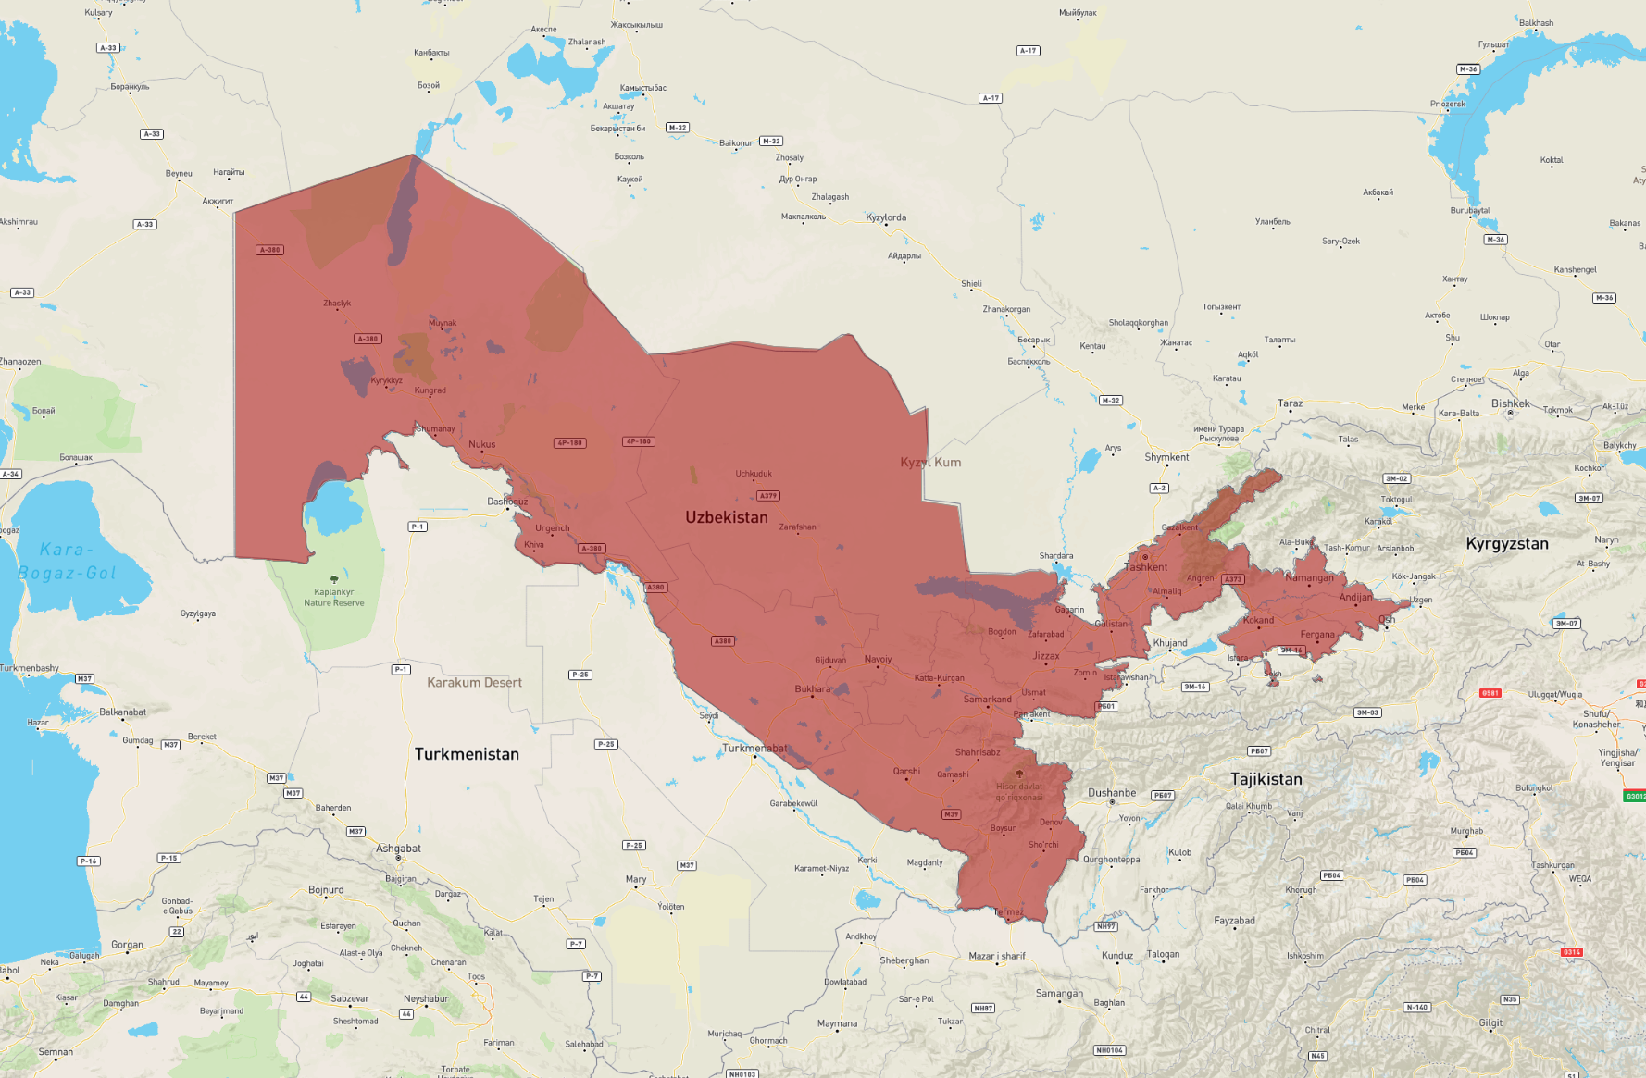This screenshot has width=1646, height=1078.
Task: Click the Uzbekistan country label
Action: pyautogui.click(x=726, y=517)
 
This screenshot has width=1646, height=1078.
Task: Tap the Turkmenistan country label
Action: pyautogui.click(x=467, y=754)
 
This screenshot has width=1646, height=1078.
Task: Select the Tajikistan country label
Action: pyautogui.click(x=1266, y=779)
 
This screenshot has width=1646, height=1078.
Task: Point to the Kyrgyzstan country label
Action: pyautogui.click(x=1506, y=544)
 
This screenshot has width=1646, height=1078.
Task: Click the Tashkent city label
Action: pyautogui.click(x=1145, y=567)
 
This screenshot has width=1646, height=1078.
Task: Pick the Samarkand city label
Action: pyautogui.click(x=987, y=700)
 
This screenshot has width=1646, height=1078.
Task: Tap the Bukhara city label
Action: pyautogui.click(x=813, y=689)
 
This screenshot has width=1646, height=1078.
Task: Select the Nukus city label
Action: pyautogui.click(x=481, y=444)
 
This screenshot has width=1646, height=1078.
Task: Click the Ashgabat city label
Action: pyautogui.click(x=398, y=849)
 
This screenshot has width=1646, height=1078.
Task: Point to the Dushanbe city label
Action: pyautogui.click(x=1111, y=793)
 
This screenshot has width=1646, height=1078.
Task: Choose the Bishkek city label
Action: pyautogui.click(x=1510, y=403)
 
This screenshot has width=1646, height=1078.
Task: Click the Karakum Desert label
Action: pyautogui.click(x=474, y=683)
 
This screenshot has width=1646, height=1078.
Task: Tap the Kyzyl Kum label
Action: pyautogui.click(x=930, y=463)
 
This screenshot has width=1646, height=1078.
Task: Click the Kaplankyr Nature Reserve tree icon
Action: pyautogui.click(x=334, y=579)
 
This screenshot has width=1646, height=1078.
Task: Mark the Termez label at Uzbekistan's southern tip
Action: pyautogui.click(x=1008, y=912)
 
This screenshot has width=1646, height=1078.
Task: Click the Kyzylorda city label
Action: pyautogui.click(x=886, y=217)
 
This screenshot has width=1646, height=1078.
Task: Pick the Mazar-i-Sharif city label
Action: pyautogui.click(x=996, y=956)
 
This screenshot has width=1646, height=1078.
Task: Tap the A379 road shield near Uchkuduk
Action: pyautogui.click(x=767, y=496)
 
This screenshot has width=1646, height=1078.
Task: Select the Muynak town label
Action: pyautogui.click(x=443, y=323)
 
